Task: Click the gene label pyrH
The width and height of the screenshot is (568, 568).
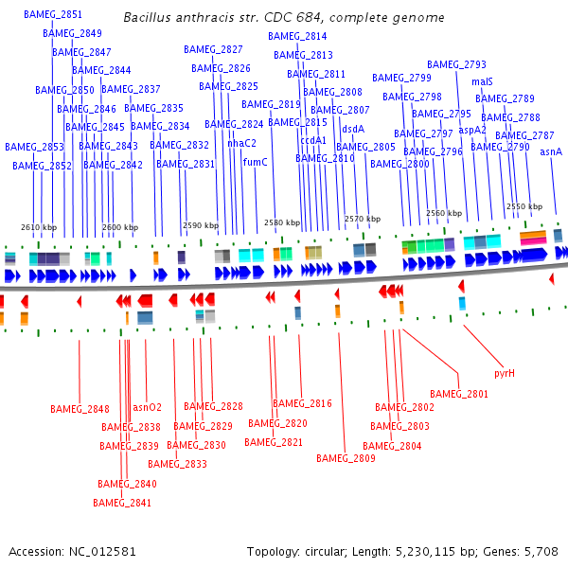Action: [505, 373]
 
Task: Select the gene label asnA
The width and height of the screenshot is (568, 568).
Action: [551, 151]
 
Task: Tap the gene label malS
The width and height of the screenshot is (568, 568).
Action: [482, 81]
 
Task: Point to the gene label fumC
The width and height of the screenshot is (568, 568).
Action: [256, 162]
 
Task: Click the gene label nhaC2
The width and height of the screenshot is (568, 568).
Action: [242, 143]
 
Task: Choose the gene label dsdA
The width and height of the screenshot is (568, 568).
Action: [353, 129]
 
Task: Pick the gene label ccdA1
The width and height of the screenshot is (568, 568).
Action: [313, 140]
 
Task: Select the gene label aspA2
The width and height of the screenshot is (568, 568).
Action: [472, 130]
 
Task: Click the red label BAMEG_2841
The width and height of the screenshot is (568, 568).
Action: [122, 503]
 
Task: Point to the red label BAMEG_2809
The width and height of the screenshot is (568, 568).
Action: [346, 458]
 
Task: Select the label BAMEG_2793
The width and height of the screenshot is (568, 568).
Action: [463, 64]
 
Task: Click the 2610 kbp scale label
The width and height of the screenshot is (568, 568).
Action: [39, 227]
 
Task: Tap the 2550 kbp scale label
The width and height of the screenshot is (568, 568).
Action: [524, 205]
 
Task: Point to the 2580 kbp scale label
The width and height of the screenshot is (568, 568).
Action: [281, 222]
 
